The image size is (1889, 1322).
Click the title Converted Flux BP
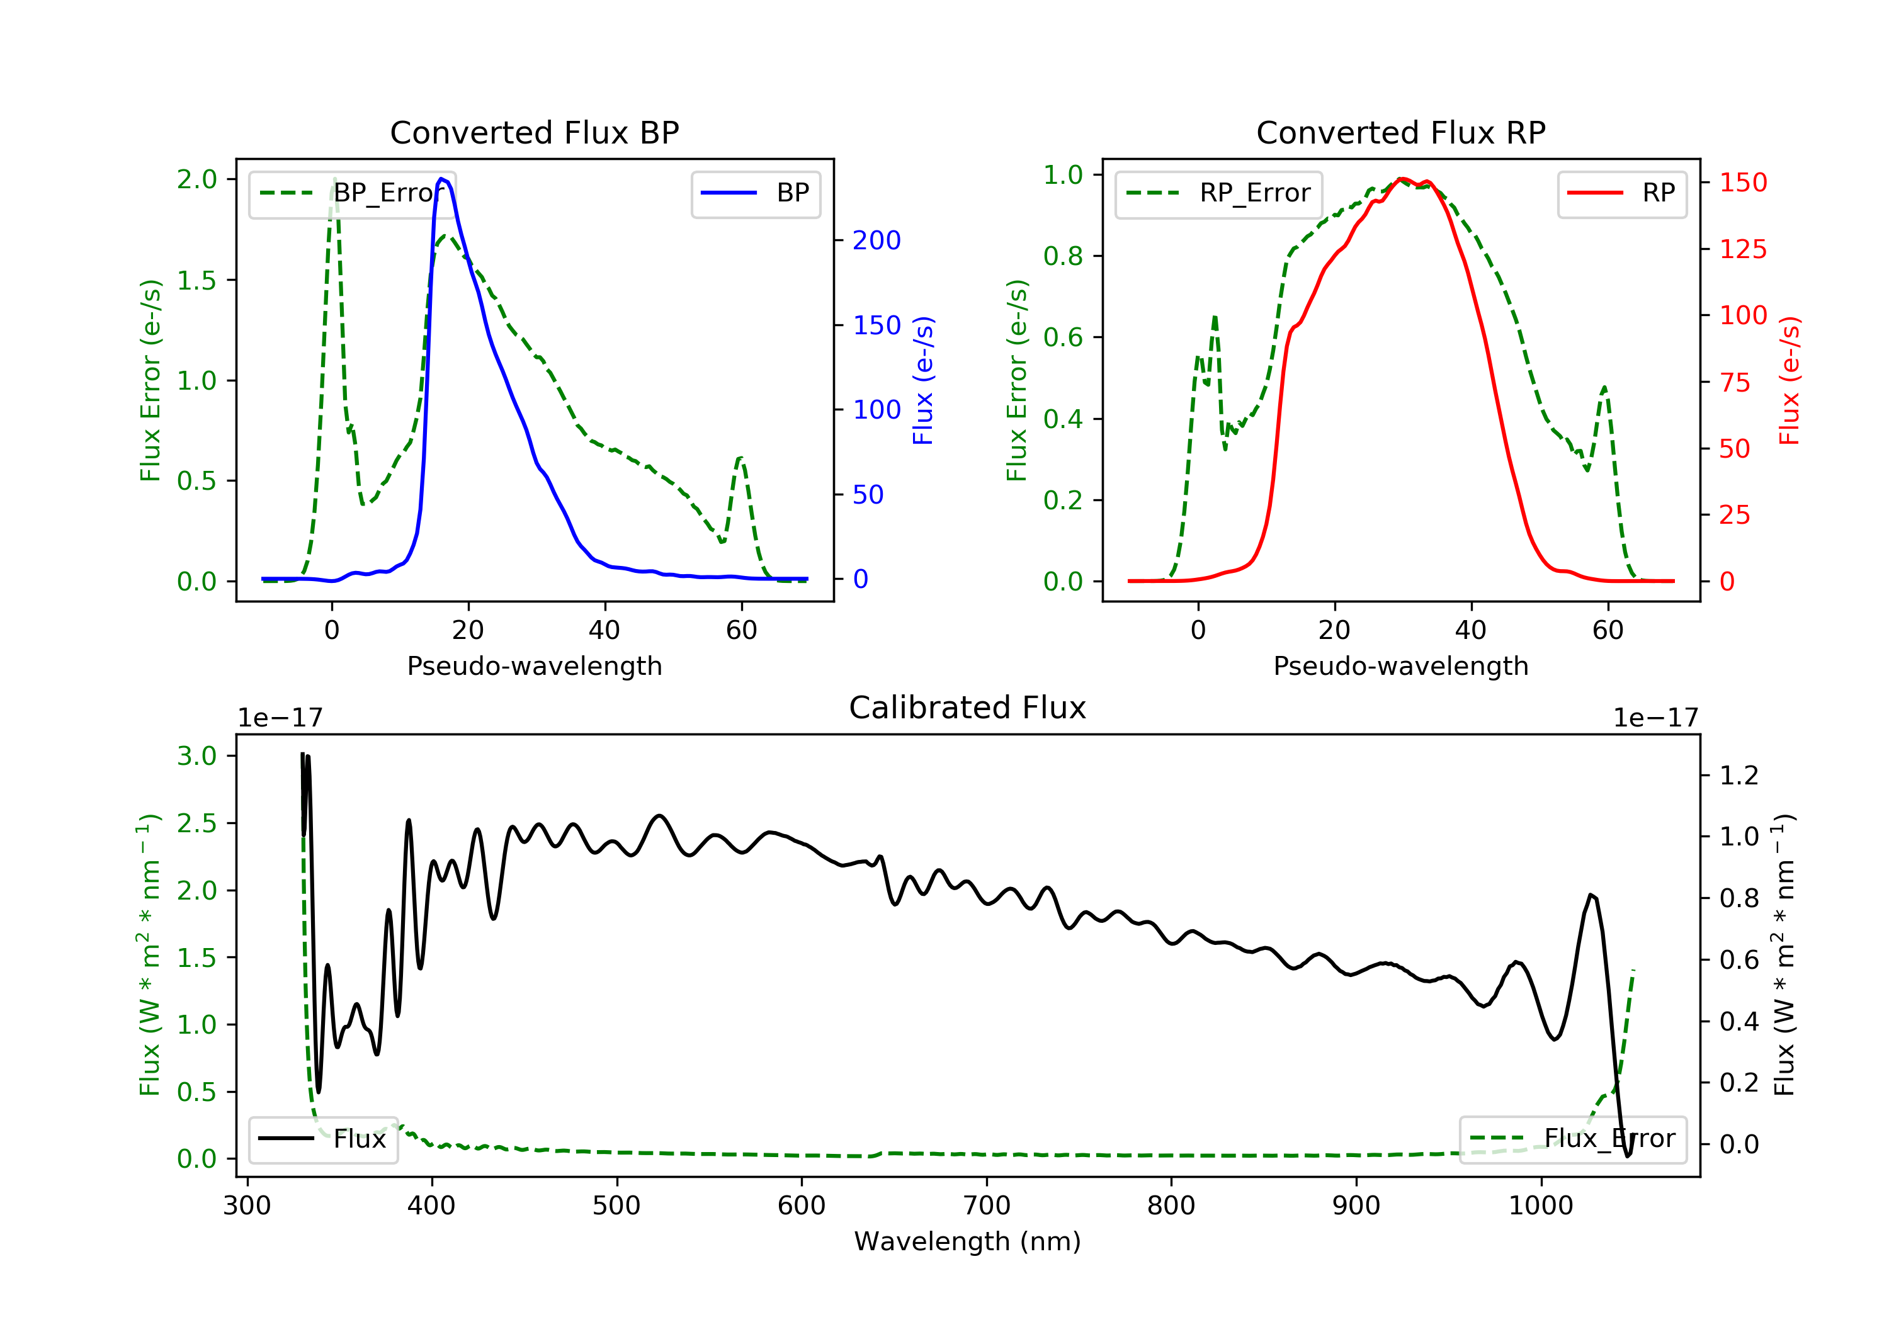pyautogui.click(x=535, y=132)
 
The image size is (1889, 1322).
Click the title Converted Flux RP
pyautogui.click(x=1401, y=132)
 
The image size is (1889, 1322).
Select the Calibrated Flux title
pyautogui.click(x=968, y=708)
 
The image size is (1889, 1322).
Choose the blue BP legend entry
pyautogui.click(x=755, y=193)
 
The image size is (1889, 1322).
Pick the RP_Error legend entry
pyautogui.click(x=1218, y=193)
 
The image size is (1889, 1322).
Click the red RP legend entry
pyautogui.click(x=1621, y=193)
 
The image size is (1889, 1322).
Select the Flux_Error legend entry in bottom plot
pyautogui.click(x=1572, y=1139)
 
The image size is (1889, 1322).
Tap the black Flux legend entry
pyautogui.click(x=322, y=1139)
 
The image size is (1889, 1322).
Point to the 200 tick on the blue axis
pyautogui.click(x=876, y=240)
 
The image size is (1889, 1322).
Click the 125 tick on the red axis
pyautogui.click(x=1742, y=249)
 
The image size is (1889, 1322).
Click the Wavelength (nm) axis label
pyautogui.click(x=968, y=1241)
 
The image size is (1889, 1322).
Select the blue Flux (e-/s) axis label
pyautogui.click(x=923, y=381)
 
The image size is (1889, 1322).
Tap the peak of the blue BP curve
pyautogui.click(x=442, y=179)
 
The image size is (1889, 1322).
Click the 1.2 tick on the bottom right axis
pyautogui.click(x=1739, y=775)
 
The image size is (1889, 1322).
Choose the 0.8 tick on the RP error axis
pyautogui.click(x=1063, y=256)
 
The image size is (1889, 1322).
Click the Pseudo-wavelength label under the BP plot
pyautogui.click(x=535, y=665)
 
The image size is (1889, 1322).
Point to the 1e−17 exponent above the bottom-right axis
pyautogui.click(x=1655, y=718)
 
